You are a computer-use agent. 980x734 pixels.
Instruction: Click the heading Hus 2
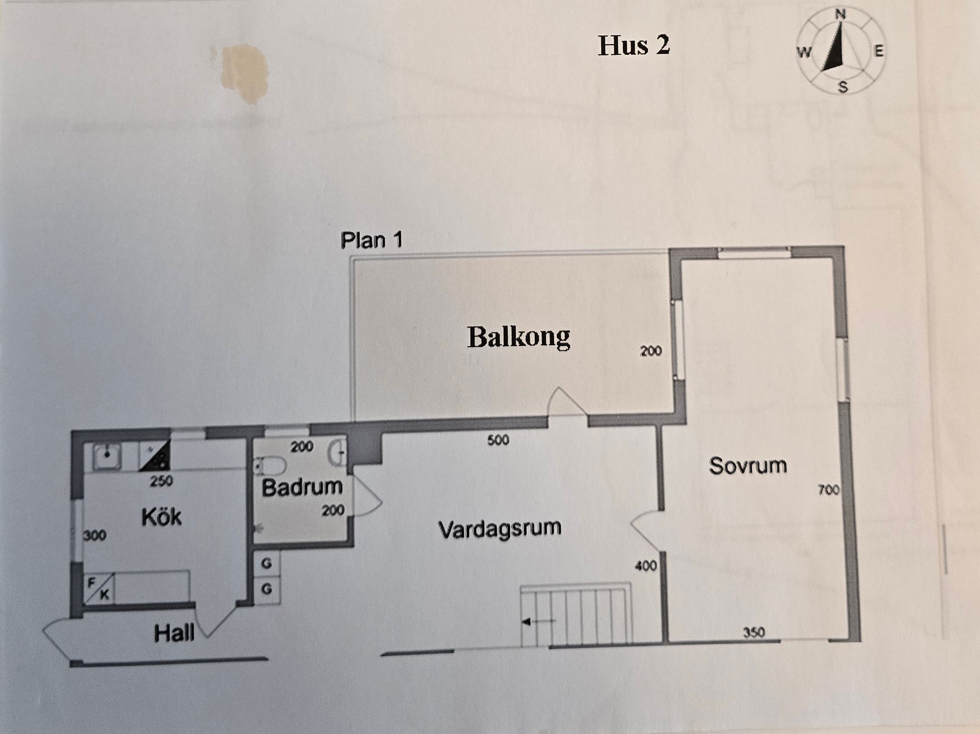coord(634,45)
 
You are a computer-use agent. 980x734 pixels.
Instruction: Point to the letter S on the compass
coord(842,87)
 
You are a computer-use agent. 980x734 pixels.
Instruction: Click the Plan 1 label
coord(371,240)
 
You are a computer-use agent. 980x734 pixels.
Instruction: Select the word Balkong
coord(519,337)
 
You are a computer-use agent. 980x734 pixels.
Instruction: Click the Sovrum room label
coord(748,466)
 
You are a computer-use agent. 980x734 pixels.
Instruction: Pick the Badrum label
coord(302,487)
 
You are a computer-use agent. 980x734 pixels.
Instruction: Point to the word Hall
coord(174,633)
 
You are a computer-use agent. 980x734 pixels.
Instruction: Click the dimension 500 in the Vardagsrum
coord(498,440)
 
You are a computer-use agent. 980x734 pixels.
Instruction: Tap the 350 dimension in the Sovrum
coord(754,633)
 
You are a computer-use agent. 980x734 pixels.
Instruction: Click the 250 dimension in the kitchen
coord(161,481)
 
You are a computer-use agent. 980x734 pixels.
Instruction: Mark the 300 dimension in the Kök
coord(94,535)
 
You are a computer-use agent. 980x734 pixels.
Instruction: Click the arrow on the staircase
coord(538,622)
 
